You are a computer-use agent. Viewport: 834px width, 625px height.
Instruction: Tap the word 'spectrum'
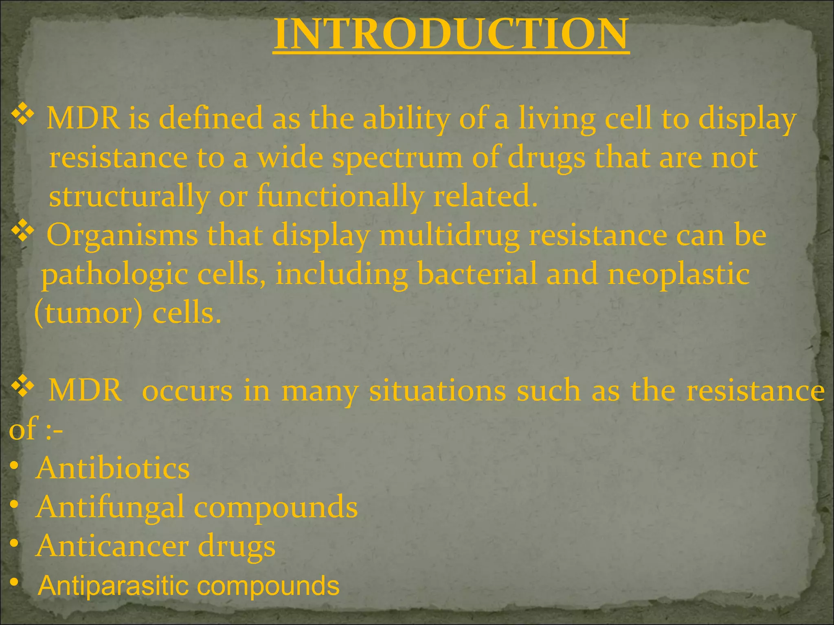397,158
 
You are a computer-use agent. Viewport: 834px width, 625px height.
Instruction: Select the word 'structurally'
129,196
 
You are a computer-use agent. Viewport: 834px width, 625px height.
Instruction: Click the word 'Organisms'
122,235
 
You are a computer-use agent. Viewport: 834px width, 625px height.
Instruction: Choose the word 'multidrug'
449,235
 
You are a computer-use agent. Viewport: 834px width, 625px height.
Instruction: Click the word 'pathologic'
114,274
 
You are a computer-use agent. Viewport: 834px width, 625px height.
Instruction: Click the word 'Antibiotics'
113,468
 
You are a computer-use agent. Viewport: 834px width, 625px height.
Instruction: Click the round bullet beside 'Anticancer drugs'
14,544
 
